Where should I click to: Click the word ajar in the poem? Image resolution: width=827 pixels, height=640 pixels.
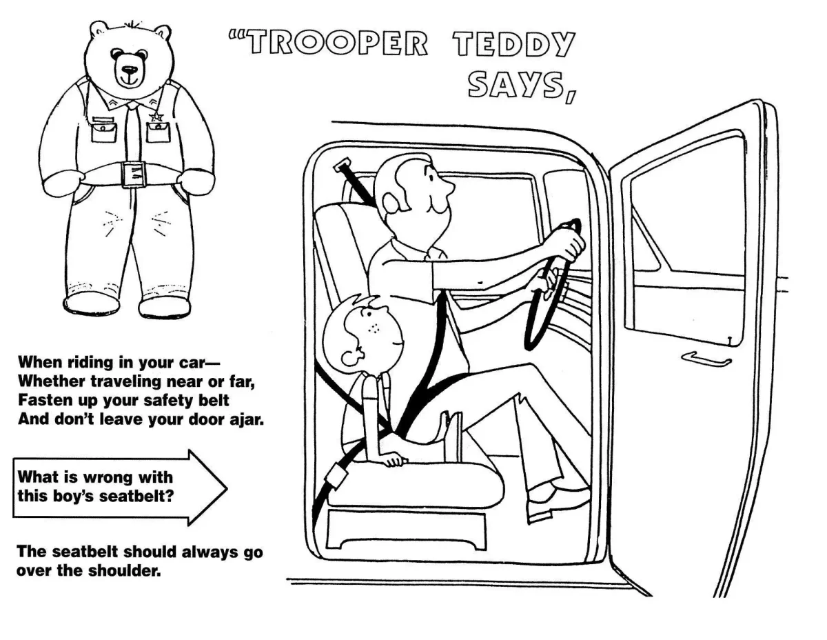[245, 420]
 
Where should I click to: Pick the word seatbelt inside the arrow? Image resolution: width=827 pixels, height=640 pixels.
[142, 494]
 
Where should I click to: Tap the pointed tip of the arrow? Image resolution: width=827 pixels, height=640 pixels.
[226, 487]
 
